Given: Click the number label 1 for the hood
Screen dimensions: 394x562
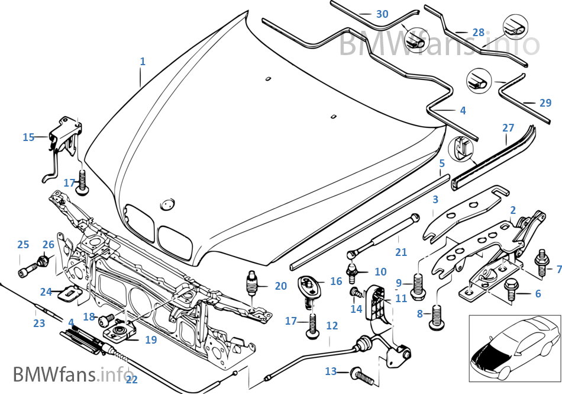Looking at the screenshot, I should pos(142,61).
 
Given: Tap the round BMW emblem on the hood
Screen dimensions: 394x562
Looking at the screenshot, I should pos(167,204).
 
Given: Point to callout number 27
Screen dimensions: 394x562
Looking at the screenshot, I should pos(508,127).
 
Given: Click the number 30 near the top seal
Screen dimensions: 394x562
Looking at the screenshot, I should pos(382,14).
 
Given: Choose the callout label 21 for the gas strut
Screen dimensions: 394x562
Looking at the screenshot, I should pos(401,252).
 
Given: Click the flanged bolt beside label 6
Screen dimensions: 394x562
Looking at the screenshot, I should pos(510,290).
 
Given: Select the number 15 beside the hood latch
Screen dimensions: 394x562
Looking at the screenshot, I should pos(28,137).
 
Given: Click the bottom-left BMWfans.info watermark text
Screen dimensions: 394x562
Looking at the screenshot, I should pos(72,374).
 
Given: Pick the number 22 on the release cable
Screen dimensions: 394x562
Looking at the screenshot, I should pos(131,379).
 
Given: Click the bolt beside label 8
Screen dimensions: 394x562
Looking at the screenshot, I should pos(437,312).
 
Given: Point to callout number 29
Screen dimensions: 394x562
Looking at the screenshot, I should pos(545,102).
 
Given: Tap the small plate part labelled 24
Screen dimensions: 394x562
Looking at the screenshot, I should pos(70,292).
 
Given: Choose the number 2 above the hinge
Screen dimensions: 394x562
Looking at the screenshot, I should pos(513,210).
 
